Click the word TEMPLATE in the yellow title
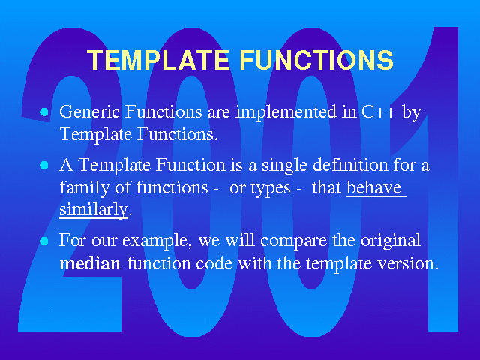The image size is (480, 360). point(158,59)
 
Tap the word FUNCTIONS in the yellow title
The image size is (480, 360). point(316,59)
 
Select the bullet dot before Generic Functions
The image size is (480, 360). point(44,112)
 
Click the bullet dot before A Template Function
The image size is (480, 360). point(44,165)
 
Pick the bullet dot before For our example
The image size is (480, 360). point(44,241)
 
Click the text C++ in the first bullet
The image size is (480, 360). point(379,112)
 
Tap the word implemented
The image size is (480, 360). point(286,112)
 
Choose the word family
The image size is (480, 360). point(84,188)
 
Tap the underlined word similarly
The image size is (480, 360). point(93,210)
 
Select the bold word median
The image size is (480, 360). point(90,263)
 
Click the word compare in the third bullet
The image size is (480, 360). point(293,241)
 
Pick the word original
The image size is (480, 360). point(391,241)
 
